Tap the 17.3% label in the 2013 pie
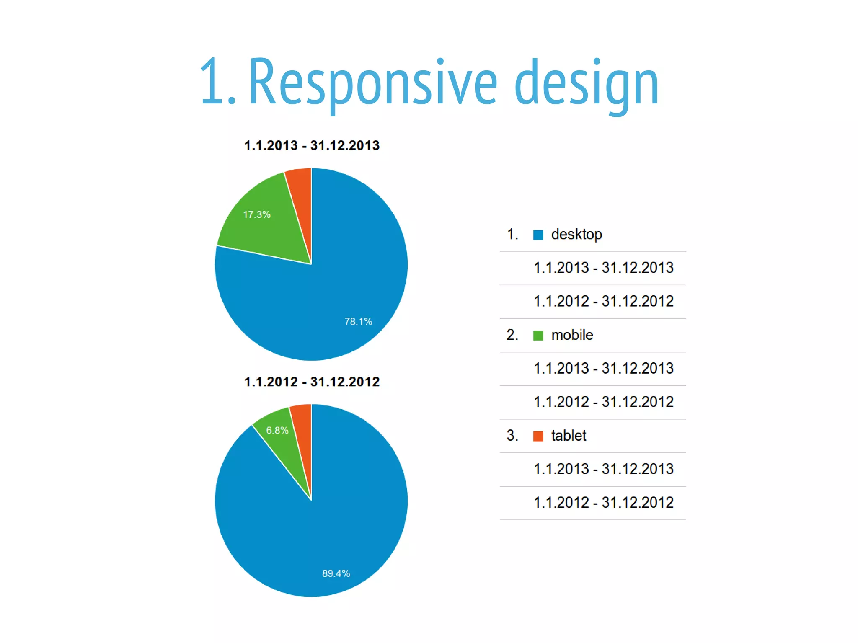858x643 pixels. point(257,215)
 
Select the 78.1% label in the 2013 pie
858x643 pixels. point(358,322)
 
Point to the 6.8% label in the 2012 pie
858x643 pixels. point(277,431)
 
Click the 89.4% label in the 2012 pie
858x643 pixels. point(336,573)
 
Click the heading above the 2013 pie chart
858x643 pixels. point(312,146)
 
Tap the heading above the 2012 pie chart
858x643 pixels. point(312,382)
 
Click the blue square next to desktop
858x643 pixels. point(538,235)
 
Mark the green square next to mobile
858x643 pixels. point(538,336)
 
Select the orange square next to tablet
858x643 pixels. point(538,436)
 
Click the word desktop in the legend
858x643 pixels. point(576,235)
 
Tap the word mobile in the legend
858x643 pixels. point(572,335)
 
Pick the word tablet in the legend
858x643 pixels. point(569,436)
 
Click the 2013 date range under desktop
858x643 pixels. point(603,268)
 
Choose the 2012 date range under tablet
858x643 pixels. point(603,503)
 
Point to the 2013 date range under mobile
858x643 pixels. point(603,369)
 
